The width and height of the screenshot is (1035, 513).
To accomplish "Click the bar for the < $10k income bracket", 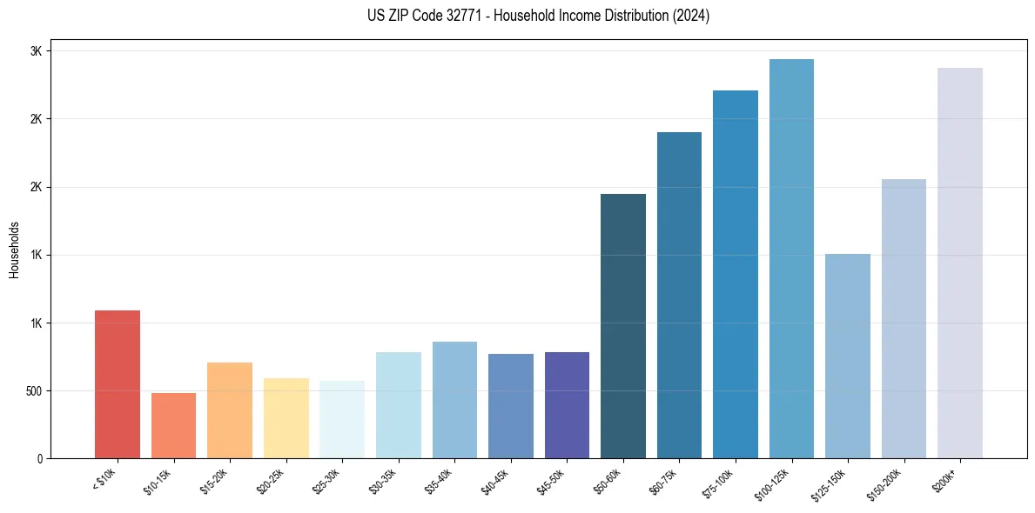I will click(x=118, y=384).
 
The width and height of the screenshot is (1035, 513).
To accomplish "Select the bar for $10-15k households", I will click(x=173, y=425).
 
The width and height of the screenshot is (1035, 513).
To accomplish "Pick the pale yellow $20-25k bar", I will click(x=286, y=418).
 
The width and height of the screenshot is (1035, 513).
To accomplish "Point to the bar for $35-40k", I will click(x=454, y=400).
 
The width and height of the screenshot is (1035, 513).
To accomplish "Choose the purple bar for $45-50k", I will click(x=567, y=405).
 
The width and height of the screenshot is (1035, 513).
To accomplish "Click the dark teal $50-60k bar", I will click(x=623, y=326).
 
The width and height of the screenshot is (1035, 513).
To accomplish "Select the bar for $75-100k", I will click(x=736, y=274).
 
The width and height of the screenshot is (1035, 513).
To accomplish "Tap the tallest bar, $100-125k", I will click(x=791, y=258).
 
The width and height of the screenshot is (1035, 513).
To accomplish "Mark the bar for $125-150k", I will click(x=848, y=356).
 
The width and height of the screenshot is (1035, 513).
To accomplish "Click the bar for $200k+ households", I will click(x=960, y=263).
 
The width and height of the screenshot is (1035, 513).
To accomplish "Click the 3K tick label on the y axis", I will click(x=37, y=51).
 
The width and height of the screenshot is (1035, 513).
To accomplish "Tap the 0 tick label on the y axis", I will click(x=40, y=459).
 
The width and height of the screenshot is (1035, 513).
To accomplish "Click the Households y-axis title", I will click(x=15, y=249).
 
